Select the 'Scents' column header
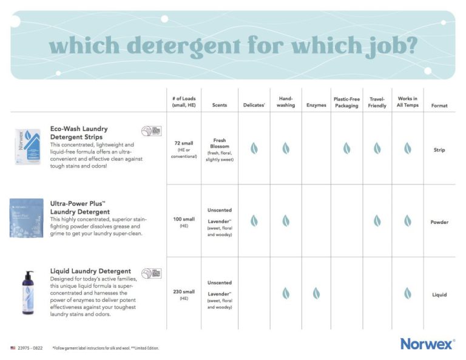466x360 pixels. (x=220, y=105)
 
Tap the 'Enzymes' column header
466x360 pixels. (x=316, y=105)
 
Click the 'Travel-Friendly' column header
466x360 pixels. (x=377, y=102)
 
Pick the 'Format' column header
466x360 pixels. (x=439, y=105)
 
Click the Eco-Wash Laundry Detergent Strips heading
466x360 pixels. (x=79, y=132)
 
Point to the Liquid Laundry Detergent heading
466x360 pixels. (x=91, y=271)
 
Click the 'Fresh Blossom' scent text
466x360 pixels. (x=220, y=144)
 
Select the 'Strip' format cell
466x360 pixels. (x=439, y=149)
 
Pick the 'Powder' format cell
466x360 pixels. (x=439, y=222)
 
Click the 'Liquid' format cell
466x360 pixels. (x=439, y=295)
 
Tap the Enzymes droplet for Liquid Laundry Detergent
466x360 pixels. (x=316, y=293)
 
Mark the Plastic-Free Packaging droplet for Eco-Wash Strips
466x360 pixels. (x=346, y=148)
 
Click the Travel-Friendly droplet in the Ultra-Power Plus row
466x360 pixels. (x=377, y=221)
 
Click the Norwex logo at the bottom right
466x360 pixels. (x=427, y=344)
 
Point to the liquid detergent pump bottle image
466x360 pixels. (x=27, y=292)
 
